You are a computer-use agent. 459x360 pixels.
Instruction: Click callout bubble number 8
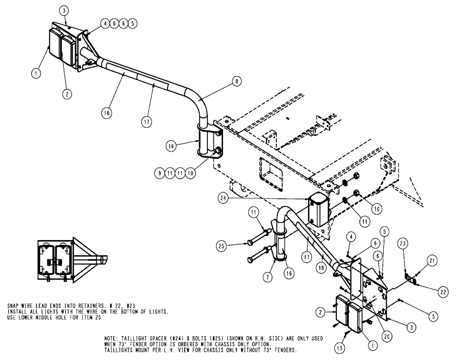click(x=236, y=81)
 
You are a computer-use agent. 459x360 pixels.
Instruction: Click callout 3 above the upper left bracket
click(x=65, y=10)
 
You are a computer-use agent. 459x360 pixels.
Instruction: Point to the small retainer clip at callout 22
click(x=411, y=279)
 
